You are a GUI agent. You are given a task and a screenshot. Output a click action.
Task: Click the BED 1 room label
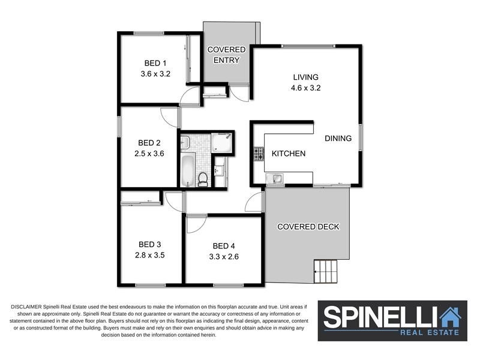pos(155,63)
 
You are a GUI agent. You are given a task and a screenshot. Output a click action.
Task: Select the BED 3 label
pos(150,244)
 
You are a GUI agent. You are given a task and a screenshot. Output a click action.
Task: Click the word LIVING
pos(305,77)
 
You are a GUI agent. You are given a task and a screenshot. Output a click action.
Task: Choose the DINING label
pos(338,139)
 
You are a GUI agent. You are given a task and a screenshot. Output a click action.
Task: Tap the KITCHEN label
pos(289,154)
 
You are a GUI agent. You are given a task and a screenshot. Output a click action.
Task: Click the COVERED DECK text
pos(308,227)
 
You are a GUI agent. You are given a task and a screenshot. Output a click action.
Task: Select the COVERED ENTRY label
pos(226,55)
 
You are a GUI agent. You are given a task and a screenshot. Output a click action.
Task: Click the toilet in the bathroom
pos(203,179)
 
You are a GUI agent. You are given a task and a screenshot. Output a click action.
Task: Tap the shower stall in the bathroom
pos(221,143)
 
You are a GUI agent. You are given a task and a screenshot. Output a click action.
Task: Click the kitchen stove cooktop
pos(259,154)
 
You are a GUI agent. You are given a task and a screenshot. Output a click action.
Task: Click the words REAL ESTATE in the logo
pos(431,332)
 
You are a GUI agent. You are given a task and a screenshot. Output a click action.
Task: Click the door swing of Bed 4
pos(195,223)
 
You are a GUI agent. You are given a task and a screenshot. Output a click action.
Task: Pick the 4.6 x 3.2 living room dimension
pos(305,88)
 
